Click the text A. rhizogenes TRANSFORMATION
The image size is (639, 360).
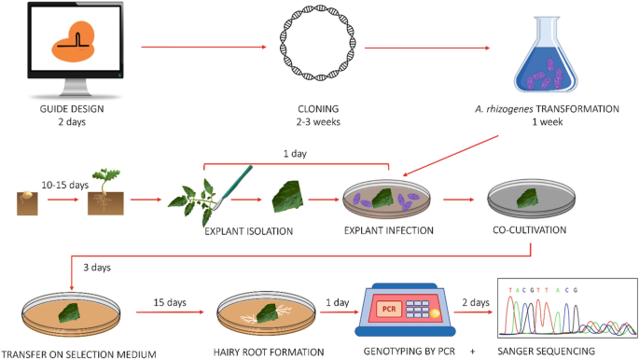(553, 108)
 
